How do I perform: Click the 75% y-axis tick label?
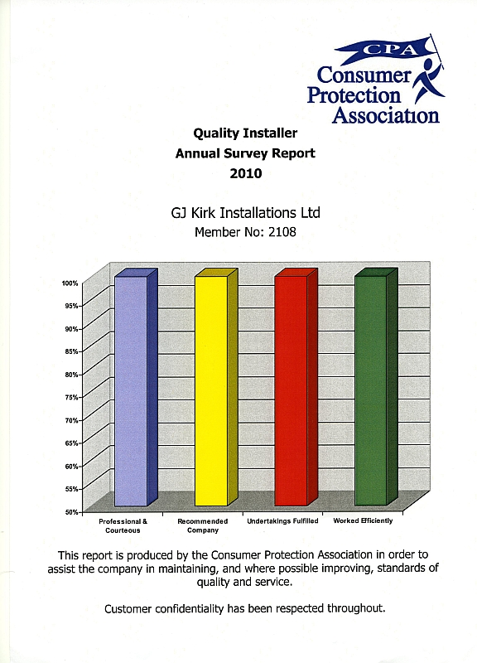[x=71, y=397]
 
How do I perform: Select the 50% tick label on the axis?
[x=71, y=512]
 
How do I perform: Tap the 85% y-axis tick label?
[x=71, y=351]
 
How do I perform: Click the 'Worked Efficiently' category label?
[x=363, y=521]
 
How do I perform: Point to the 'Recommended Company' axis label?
[x=203, y=525]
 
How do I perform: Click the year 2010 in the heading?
[x=245, y=174]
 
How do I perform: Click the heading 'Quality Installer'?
[x=245, y=132]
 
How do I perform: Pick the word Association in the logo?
[x=385, y=115]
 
